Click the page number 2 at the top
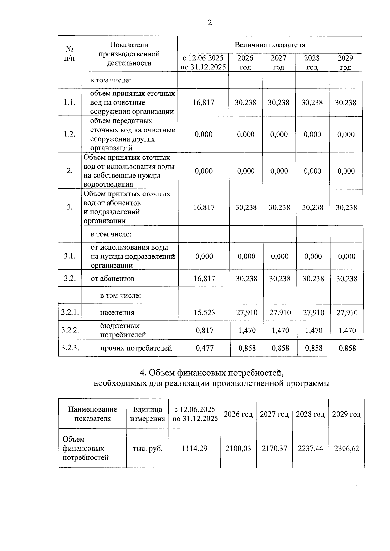click(210, 23)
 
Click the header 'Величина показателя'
click(270, 45)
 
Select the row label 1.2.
click(70, 134)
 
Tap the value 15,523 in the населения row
click(204, 313)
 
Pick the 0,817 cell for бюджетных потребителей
click(204, 331)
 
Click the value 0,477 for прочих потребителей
click(204, 348)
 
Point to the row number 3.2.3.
click(70, 348)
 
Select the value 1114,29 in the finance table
click(194, 448)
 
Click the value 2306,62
click(346, 448)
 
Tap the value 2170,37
click(274, 448)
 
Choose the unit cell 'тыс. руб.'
click(148, 448)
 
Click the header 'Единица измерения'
click(148, 414)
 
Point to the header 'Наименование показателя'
click(93, 414)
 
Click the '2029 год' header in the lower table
click(346, 414)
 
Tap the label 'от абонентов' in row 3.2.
click(112, 279)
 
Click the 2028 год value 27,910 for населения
click(313, 313)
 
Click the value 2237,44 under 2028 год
click(310, 448)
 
